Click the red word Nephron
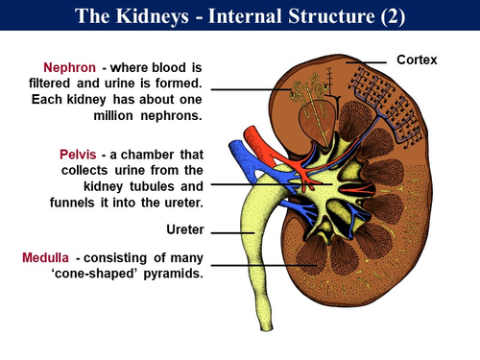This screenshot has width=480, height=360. (69, 68)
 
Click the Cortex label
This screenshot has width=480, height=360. (417, 60)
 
